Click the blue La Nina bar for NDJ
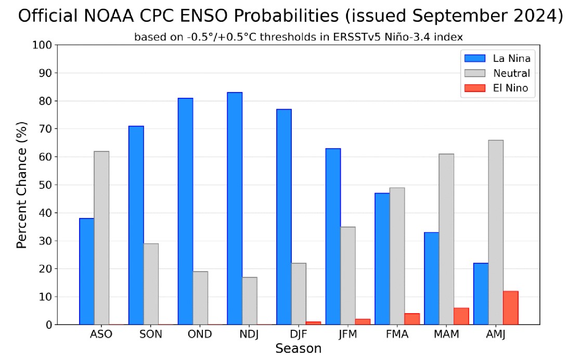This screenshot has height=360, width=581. tap(235, 209)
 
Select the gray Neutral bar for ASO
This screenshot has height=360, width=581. tap(101, 238)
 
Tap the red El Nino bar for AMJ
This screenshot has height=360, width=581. tap(511, 308)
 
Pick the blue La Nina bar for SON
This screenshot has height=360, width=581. tap(136, 225)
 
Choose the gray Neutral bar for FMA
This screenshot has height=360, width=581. tap(397, 256)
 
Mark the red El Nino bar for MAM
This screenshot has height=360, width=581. tap(461, 316)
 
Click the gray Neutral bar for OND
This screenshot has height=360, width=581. tap(200, 298)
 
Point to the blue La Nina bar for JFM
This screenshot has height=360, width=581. tap(333, 237)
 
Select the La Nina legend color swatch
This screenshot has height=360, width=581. tap(475, 58)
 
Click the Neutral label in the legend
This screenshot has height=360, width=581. tap(511, 73)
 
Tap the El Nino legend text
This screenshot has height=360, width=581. tap(510, 88)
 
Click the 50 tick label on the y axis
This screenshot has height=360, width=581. tap(45, 185)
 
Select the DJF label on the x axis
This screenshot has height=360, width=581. tap(298, 334)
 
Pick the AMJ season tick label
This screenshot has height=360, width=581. tap(495, 334)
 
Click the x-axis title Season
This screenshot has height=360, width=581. tap(298, 349)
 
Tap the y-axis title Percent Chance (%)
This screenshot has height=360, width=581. tap(21, 185)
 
